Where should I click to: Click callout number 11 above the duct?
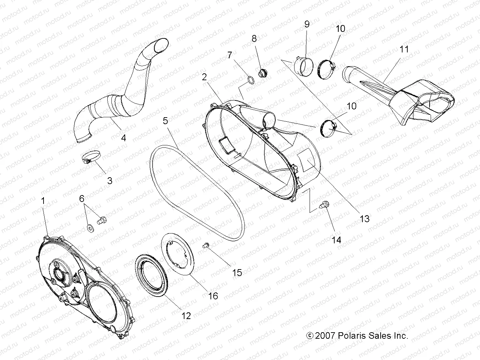click(405, 49)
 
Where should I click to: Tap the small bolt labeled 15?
click(206, 244)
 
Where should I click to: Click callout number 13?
click(364, 218)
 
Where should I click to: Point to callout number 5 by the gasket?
click(166, 120)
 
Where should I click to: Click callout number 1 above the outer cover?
click(43, 201)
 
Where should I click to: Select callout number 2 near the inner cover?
click(204, 77)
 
